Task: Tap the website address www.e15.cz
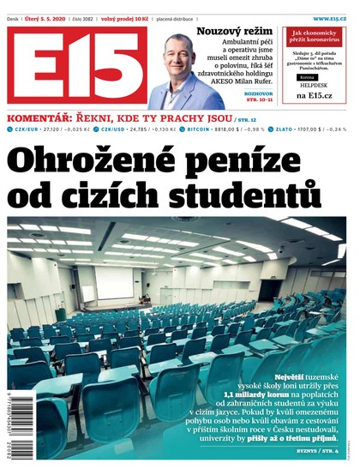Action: pos(331,17)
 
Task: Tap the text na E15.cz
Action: pos(314,95)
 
